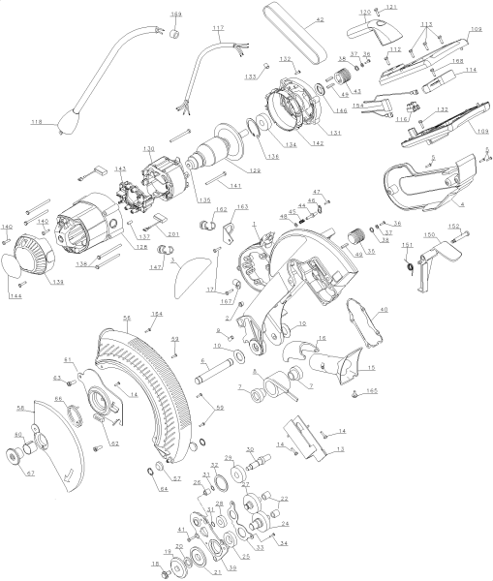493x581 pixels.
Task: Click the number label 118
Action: (36, 122)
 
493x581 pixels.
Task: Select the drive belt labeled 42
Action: (296, 35)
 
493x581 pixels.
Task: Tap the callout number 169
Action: (175, 15)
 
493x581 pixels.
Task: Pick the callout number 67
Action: (30, 473)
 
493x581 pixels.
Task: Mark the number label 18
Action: (153, 563)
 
